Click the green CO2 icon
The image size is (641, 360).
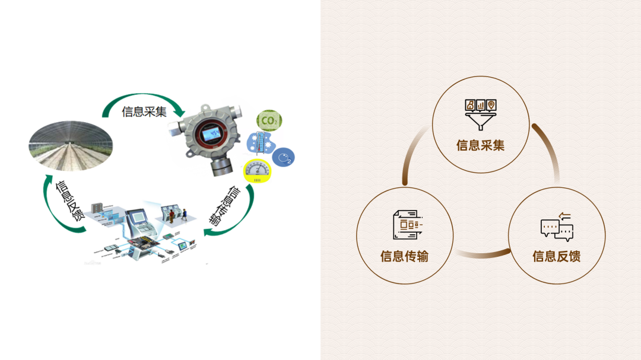coord(269,121)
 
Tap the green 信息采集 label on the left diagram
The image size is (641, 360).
coord(144,112)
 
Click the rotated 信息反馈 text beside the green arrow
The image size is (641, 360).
coord(69,200)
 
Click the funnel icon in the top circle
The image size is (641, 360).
coord(480,114)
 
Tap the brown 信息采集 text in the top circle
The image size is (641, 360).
coord(480,145)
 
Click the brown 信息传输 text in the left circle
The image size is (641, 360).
coord(404,257)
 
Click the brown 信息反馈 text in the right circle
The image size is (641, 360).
coord(556,257)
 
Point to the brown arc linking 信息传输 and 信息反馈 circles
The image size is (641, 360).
coord(482,255)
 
